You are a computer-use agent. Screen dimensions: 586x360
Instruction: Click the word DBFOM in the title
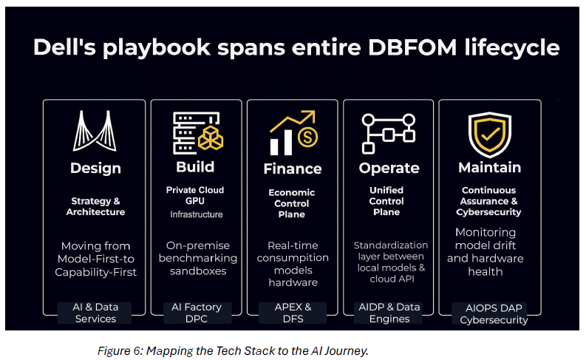(412, 47)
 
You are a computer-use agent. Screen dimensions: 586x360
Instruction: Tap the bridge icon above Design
(95, 130)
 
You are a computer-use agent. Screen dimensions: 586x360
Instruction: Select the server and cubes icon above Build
(198, 133)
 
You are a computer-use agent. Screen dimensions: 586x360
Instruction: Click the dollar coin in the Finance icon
(307, 137)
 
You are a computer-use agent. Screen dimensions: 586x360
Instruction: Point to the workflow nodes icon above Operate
(388, 134)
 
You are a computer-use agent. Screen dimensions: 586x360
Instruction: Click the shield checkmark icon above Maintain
(490, 135)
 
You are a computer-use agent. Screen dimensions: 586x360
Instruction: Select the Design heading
(95, 169)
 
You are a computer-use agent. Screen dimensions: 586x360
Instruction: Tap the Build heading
(195, 167)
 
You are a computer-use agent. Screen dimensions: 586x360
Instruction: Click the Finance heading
(293, 169)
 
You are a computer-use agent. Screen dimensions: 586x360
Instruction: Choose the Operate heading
(389, 169)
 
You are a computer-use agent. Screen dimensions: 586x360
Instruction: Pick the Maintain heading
(490, 168)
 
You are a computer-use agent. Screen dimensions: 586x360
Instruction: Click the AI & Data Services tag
(95, 313)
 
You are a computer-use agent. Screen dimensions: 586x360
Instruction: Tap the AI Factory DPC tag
(197, 313)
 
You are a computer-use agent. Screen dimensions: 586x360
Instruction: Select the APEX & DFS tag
(293, 313)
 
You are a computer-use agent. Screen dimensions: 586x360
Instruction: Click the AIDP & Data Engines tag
(389, 313)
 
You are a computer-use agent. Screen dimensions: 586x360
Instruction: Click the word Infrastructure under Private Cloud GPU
(197, 214)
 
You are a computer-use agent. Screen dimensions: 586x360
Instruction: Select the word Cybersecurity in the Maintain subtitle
(488, 212)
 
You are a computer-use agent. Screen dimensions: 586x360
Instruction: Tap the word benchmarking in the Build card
(198, 258)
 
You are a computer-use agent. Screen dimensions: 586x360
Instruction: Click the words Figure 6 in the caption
(120, 350)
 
